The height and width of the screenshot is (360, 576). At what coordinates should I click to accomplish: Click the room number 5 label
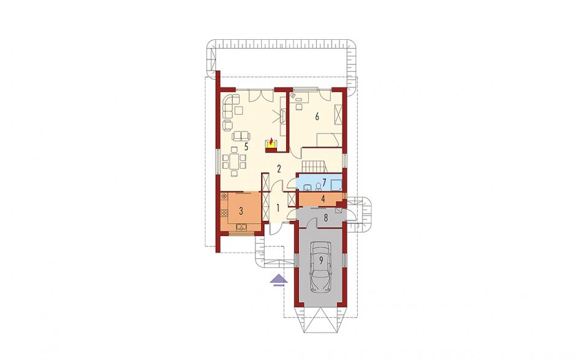coord(246,147)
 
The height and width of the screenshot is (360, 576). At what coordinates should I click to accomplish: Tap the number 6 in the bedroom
coord(317,117)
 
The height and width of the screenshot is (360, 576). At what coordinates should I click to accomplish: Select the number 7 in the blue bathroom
coord(324,182)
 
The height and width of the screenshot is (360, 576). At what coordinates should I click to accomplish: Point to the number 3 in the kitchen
coord(241,211)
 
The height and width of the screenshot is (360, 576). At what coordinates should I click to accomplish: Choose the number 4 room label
coord(323,199)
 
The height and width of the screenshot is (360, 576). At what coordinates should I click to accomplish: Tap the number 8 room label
coord(325,217)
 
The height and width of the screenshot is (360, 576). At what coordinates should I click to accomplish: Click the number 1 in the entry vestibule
coord(278,208)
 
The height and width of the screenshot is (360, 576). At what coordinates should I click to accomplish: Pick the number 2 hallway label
coord(279,169)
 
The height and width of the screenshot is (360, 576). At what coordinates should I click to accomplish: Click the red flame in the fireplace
coord(271,142)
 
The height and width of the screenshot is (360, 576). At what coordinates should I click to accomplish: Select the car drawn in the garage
coord(320,267)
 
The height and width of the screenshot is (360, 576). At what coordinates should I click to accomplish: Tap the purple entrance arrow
coord(278,280)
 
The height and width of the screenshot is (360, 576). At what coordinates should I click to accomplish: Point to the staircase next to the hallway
coord(314,166)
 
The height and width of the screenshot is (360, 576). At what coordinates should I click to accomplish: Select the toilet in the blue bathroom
coord(317,187)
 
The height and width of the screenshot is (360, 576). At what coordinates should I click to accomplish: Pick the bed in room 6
coord(330,140)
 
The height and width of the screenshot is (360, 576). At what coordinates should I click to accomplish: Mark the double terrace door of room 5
coord(261,96)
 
